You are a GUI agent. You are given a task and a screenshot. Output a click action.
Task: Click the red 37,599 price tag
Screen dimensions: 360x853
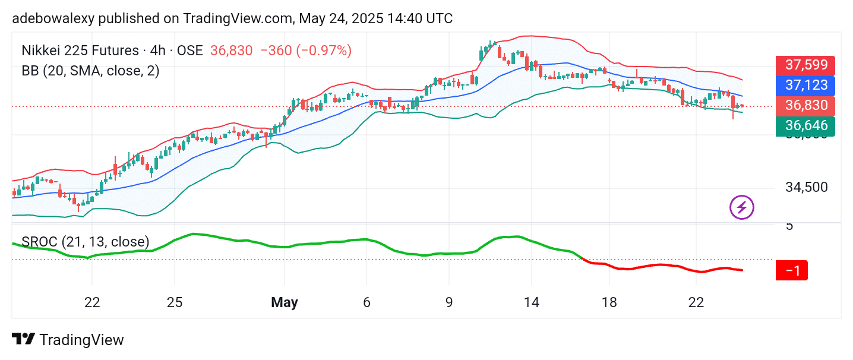click(805, 65)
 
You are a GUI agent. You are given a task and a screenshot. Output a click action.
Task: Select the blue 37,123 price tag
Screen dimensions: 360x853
click(805, 86)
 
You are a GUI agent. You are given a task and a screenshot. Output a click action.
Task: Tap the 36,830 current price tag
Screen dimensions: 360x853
click(805, 106)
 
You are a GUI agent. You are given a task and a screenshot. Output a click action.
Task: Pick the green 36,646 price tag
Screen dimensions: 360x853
click(805, 126)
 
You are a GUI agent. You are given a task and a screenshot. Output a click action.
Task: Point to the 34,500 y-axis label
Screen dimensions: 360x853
click(806, 187)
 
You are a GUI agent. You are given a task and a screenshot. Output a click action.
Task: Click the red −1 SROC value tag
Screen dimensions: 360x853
click(792, 271)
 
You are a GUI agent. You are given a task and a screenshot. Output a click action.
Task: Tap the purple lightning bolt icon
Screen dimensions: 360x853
click(741, 207)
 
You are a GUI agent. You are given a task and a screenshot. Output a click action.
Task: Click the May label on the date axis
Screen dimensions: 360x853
click(284, 302)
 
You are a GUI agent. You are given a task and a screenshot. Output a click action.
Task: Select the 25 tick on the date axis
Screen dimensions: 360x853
click(174, 302)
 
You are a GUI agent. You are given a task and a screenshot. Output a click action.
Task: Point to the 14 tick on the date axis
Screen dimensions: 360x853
click(532, 302)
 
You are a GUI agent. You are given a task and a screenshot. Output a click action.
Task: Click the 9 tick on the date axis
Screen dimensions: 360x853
click(449, 302)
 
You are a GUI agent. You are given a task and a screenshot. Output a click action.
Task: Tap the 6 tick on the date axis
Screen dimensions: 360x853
click(367, 302)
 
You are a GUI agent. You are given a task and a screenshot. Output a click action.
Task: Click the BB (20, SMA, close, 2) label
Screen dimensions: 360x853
click(90, 71)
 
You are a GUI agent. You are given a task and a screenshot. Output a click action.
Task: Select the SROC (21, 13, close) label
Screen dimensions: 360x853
click(86, 241)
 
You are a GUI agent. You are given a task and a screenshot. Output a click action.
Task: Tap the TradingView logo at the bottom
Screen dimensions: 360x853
click(68, 340)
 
